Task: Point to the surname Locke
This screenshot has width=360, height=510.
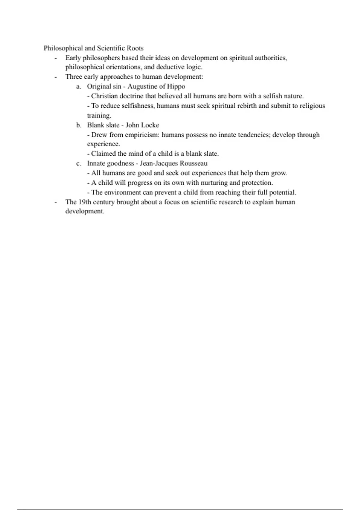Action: point(150,125)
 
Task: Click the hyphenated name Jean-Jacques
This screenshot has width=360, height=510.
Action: point(158,163)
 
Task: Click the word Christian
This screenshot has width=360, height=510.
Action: point(104,96)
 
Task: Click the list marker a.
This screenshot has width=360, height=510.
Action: point(79,87)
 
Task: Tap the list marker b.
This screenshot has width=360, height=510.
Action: point(79,125)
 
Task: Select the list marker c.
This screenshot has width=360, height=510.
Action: point(79,163)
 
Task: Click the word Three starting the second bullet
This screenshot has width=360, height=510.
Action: point(73,77)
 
